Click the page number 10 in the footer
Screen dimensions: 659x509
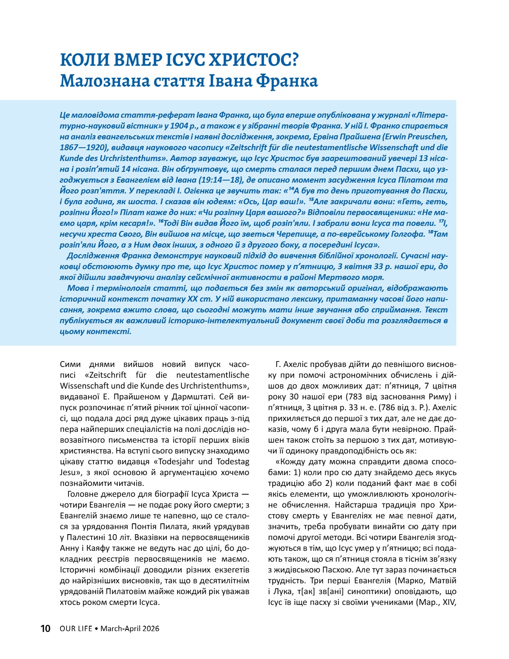coord(45,628)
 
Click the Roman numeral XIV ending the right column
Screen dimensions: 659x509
coord(448,602)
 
